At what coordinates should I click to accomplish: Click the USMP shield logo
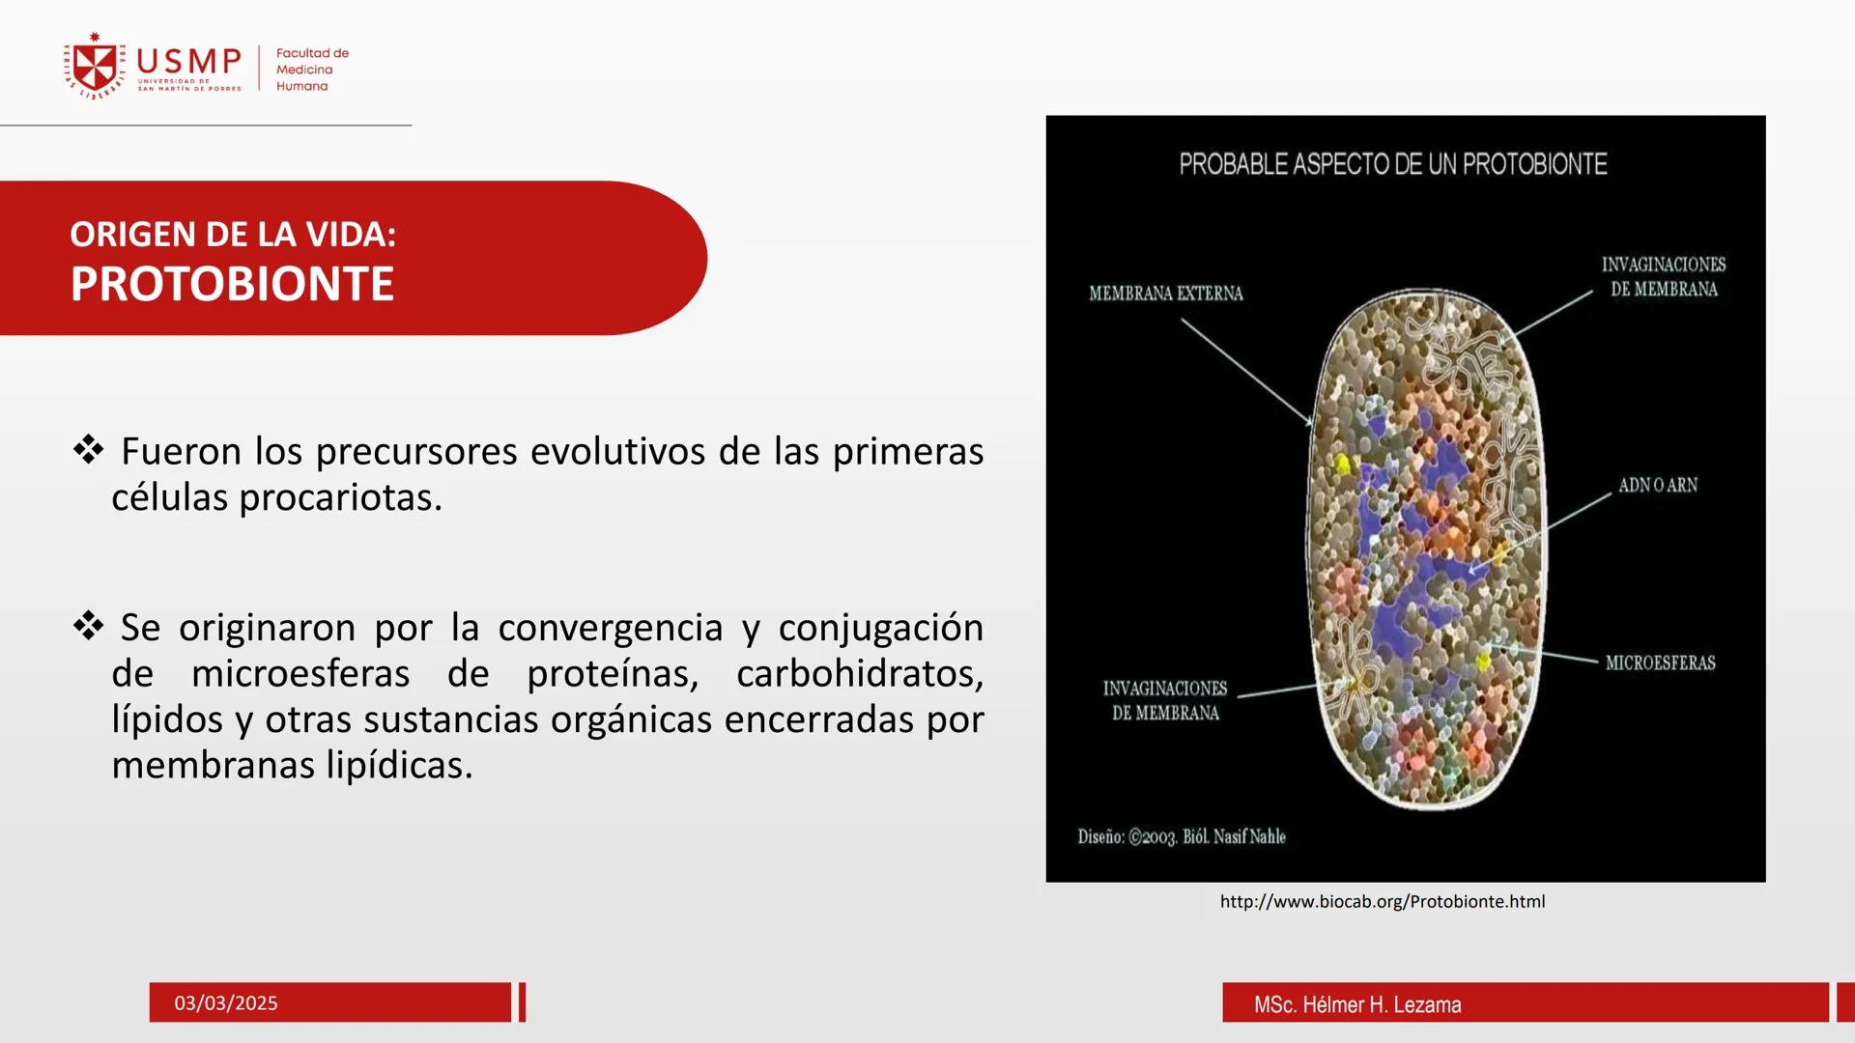tap(95, 68)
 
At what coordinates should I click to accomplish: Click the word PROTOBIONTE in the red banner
tap(232, 284)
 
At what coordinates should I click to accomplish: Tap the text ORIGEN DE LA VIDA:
tap(233, 235)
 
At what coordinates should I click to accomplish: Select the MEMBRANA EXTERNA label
tap(1165, 294)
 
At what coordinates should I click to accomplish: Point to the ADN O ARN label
tap(1657, 486)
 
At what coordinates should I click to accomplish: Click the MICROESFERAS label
tap(1660, 663)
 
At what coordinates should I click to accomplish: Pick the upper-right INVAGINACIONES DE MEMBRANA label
tap(1663, 277)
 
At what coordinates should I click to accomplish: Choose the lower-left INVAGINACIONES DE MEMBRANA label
tap(1165, 700)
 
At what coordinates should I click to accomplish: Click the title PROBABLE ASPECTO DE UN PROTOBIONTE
tap(1392, 164)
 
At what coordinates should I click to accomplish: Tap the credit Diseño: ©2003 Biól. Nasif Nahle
tap(1182, 837)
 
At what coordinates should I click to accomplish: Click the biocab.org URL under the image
tap(1382, 902)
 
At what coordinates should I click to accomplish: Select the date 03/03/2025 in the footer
tap(226, 1003)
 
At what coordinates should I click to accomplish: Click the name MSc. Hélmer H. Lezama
tap(1356, 1005)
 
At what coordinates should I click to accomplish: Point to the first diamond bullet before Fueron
tap(88, 449)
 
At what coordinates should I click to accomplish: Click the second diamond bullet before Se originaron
tap(88, 626)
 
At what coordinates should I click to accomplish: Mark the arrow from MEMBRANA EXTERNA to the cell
tap(1245, 371)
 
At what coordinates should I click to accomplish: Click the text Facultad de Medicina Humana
tap(311, 70)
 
